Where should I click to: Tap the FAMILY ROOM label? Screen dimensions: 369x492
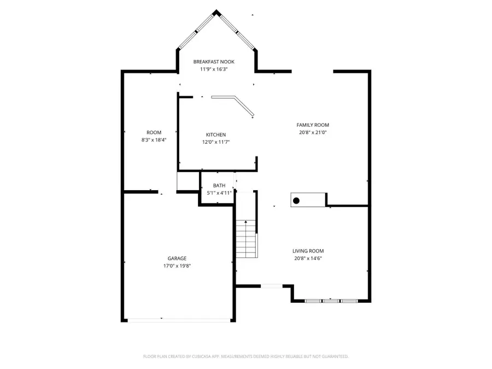(313, 125)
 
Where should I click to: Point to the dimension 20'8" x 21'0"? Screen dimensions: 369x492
(313, 132)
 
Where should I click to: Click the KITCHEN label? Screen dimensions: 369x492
(215, 134)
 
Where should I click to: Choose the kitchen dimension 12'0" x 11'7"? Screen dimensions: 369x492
(215, 142)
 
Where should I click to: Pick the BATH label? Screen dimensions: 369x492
(219, 185)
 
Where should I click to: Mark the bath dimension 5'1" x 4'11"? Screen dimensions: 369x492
(219, 193)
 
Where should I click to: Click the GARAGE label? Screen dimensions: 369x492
(177, 258)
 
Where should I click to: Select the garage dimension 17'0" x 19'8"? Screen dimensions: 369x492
(177, 266)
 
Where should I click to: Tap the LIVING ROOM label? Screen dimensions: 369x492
(308, 251)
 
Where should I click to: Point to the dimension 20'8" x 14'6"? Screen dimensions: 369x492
(308, 259)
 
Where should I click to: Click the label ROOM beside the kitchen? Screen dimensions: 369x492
(154, 132)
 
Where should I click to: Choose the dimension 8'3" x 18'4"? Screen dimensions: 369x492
(154, 140)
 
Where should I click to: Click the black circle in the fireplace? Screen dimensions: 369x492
(296, 201)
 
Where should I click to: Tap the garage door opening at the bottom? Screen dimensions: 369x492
(178, 320)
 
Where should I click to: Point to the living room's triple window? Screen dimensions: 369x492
(331, 301)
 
